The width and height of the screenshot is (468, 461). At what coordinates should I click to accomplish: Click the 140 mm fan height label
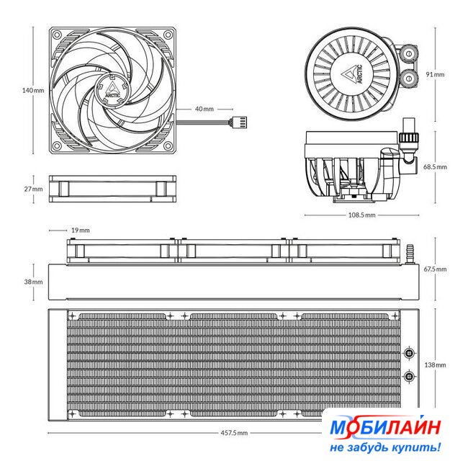(x=33, y=90)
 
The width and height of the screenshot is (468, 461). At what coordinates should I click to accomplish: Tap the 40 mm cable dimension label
(x=204, y=109)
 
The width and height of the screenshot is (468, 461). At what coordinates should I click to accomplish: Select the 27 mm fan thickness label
(x=33, y=189)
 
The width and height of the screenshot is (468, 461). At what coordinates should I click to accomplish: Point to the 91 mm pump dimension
(x=435, y=74)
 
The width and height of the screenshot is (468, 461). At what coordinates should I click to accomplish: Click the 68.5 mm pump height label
(x=435, y=166)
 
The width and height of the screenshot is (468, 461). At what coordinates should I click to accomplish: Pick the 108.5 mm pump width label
(x=361, y=215)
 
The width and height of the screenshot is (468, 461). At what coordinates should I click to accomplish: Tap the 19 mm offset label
(x=81, y=230)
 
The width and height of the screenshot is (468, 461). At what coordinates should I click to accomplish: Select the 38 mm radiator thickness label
(x=33, y=282)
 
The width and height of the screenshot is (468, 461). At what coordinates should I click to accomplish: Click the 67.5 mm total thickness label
(x=435, y=269)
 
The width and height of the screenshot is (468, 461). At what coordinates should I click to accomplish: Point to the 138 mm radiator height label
(x=435, y=365)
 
